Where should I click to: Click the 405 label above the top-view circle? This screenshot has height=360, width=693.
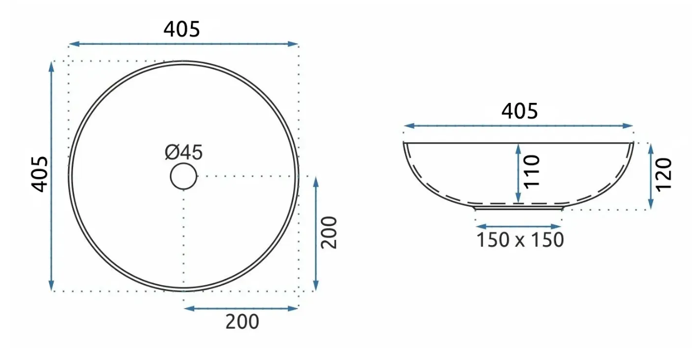pos(182,29)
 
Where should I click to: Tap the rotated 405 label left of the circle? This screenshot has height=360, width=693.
pos(39,174)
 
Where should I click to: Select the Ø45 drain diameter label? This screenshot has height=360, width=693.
pos(184,152)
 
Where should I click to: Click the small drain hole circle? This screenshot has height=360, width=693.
pos(183,176)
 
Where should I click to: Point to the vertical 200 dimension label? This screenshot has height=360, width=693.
pos(328,232)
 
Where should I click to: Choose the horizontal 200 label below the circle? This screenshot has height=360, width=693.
pos(242,322)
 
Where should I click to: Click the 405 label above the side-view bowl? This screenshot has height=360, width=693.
pos(519,111)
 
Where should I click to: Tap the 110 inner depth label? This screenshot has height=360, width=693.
pos(532,172)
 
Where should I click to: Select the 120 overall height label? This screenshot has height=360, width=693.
pos(664,174)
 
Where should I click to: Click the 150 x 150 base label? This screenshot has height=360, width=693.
pos(520,240)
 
